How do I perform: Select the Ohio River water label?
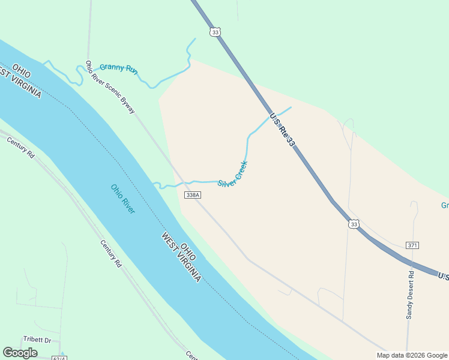pyautogui.click(x=123, y=199)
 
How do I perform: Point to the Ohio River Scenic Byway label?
pyautogui.click(x=110, y=87)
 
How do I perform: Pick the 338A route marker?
pyautogui.click(x=193, y=196)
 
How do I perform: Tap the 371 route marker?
pyautogui.click(x=412, y=245)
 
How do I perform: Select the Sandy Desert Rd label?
pyautogui.click(x=411, y=295)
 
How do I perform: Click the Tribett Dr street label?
pyautogui.click(x=37, y=340)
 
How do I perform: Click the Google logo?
pyautogui.click(x=20, y=353)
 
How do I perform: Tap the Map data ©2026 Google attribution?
pyautogui.click(x=412, y=355)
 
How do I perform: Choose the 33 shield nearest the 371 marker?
pyautogui.click(x=354, y=224)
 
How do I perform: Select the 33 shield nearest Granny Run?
pyautogui.click(x=215, y=32)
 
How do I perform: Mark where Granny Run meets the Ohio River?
pyautogui.click(x=43, y=62)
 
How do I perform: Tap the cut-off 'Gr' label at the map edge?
pyautogui.click(x=445, y=206)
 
